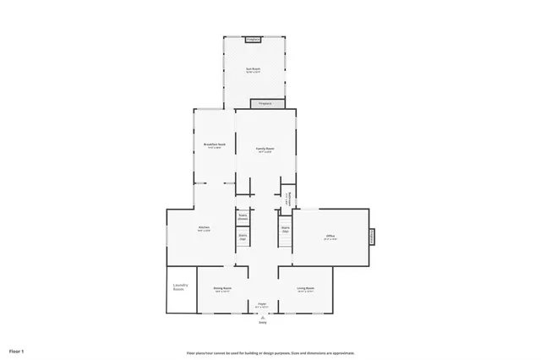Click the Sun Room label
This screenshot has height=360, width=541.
point(253,69)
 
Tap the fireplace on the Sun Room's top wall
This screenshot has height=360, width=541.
point(253,39)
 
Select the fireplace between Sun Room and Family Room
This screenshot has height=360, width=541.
point(265,104)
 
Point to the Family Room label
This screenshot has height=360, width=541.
point(265,149)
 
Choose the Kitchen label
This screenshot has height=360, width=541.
point(204,228)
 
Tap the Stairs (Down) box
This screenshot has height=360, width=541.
point(243,217)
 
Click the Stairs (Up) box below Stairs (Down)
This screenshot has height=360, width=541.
point(243,237)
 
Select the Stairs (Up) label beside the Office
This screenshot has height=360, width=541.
point(285,229)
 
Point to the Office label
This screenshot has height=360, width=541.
point(331,237)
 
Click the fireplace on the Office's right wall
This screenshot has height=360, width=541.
point(372,237)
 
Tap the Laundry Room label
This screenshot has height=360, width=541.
point(179,287)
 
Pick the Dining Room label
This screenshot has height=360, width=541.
point(223,289)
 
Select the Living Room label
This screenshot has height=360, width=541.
point(305,289)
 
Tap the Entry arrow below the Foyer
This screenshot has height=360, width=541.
point(262,316)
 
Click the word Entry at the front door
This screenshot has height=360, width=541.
point(262,322)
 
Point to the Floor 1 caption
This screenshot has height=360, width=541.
point(17,350)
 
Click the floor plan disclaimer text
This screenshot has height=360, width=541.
point(270,352)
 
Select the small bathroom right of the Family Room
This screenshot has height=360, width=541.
point(287,198)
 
